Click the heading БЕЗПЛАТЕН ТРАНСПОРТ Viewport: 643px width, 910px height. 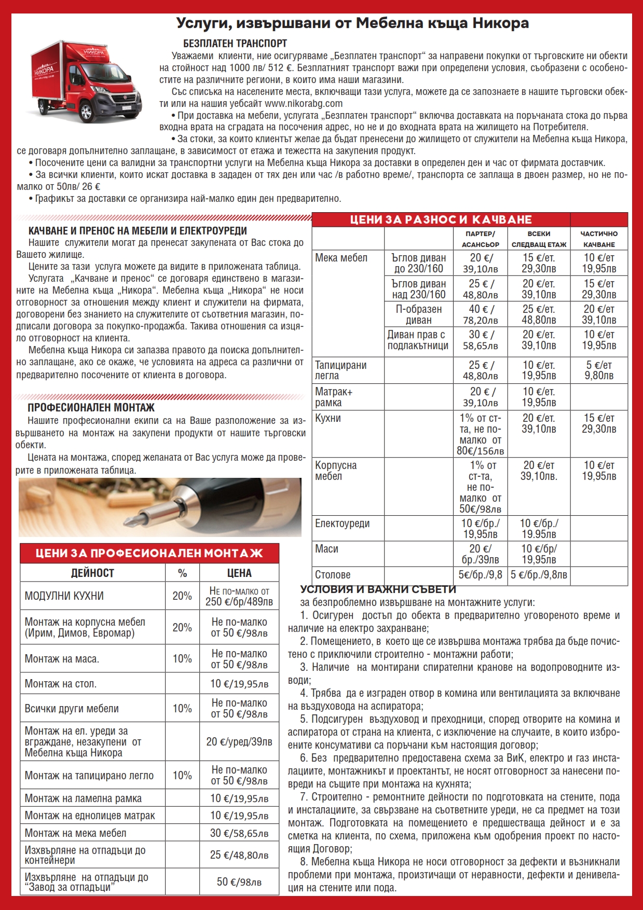(x=235, y=44)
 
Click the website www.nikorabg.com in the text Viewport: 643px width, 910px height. (x=303, y=103)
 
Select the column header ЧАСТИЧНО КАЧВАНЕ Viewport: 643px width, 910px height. (x=599, y=239)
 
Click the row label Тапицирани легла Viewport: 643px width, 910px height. (x=340, y=370)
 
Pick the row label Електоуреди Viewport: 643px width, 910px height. (x=342, y=523)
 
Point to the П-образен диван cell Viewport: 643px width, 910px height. (x=418, y=314)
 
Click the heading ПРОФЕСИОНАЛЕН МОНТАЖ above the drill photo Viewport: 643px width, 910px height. (x=91, y=408)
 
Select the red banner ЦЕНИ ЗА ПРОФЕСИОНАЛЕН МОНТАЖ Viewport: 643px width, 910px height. (x=149, y=553)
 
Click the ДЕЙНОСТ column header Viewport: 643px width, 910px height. (x=92, y=573)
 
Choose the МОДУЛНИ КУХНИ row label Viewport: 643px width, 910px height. (x=64, y=596)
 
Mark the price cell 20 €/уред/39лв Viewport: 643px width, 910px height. (x=239, y=742)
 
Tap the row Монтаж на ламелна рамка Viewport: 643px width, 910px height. (x=83, y=798)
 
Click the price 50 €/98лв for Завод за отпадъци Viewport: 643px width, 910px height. (x=239, y=882)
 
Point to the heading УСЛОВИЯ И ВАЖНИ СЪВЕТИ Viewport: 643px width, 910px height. (x=378, y=589)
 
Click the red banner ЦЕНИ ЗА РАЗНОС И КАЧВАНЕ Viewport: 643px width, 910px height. (x=441, y=219)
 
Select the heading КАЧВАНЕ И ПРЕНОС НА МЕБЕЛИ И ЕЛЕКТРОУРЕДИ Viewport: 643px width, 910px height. (x=138, y=231)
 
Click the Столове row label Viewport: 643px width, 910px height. (x=333, y=575)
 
